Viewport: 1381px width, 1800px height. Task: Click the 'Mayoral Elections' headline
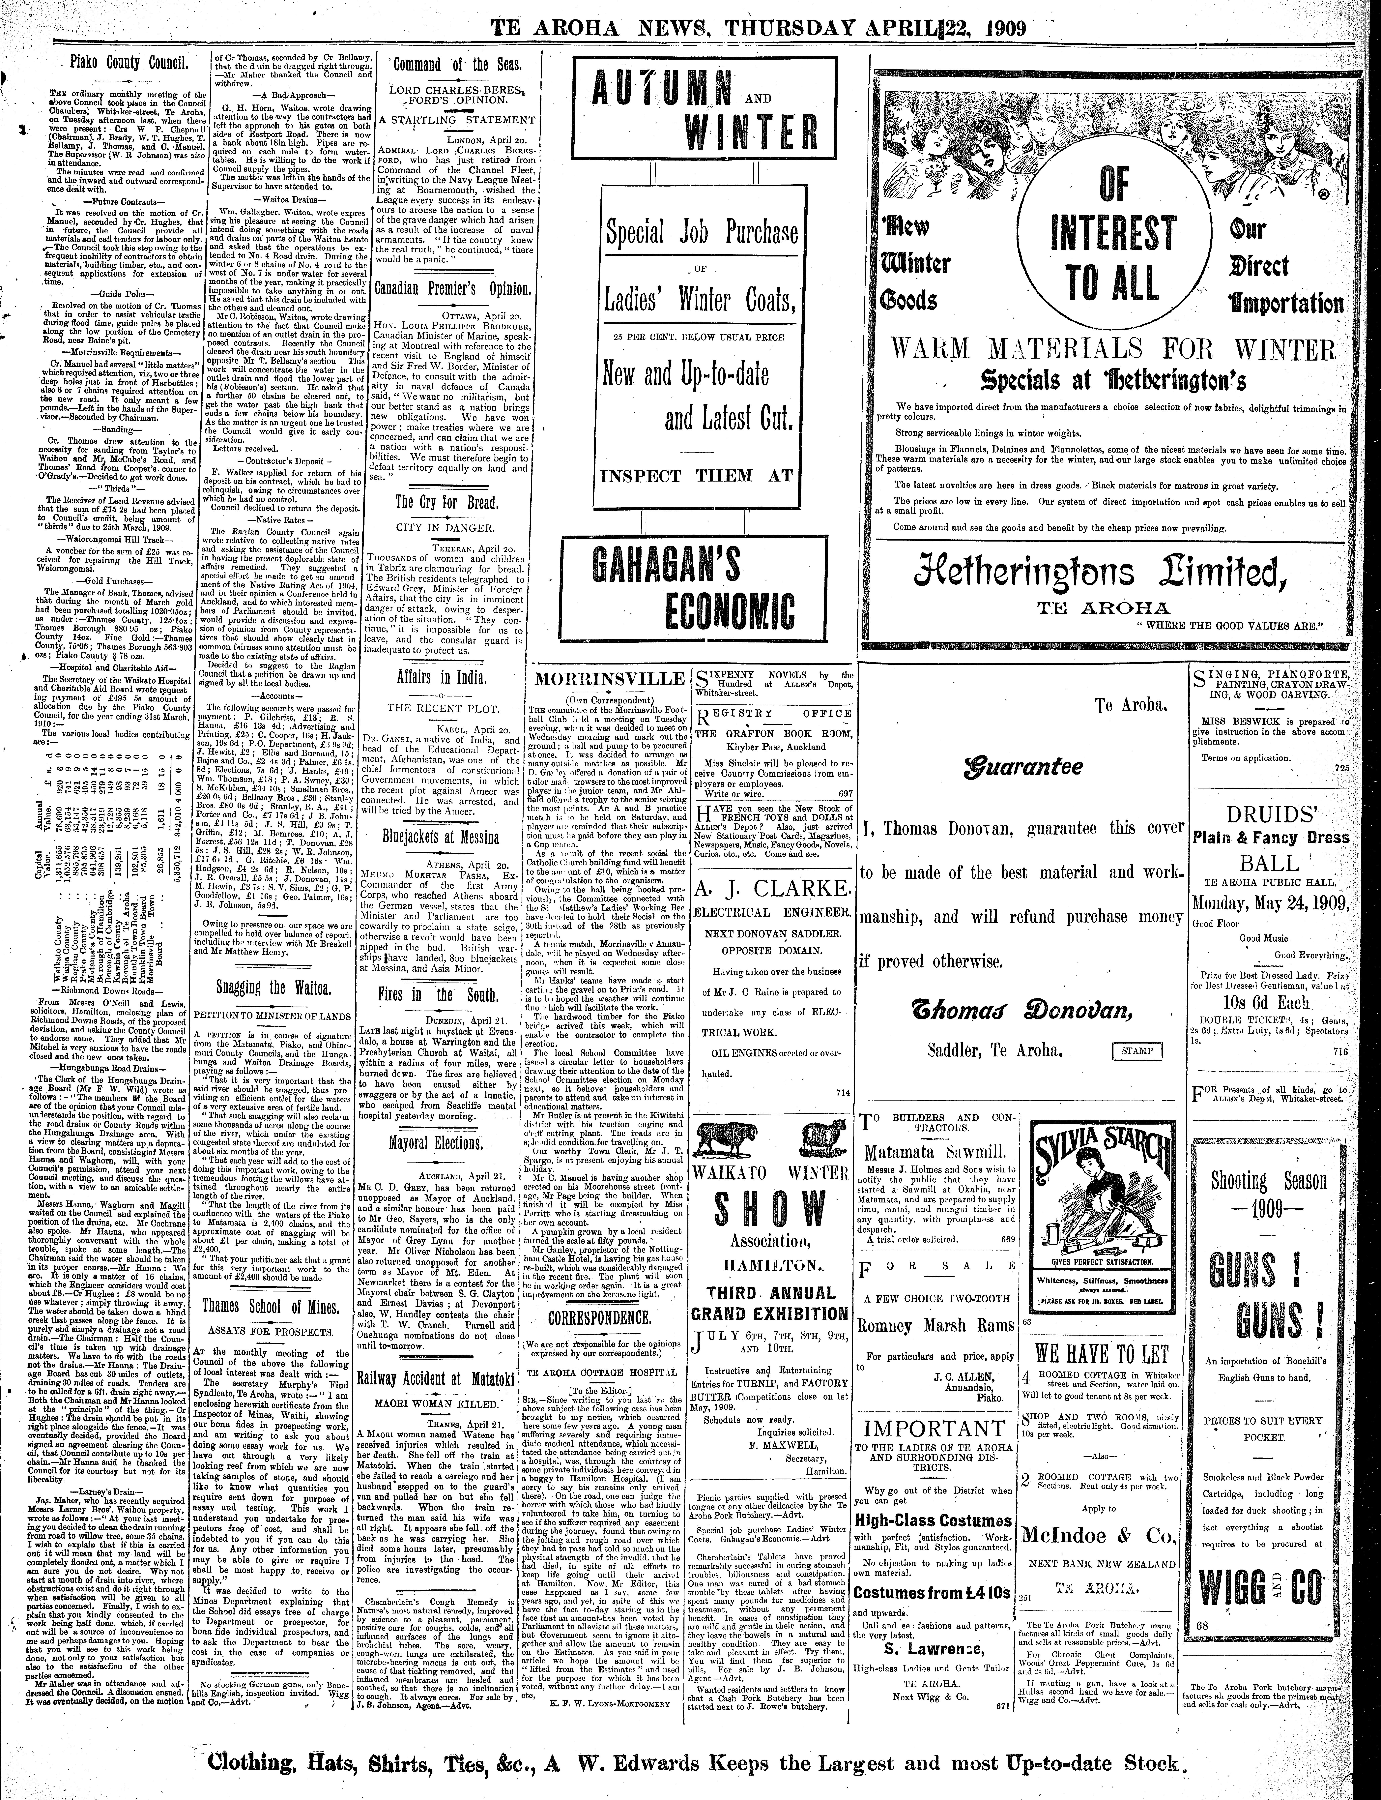(x=446, y=1143)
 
